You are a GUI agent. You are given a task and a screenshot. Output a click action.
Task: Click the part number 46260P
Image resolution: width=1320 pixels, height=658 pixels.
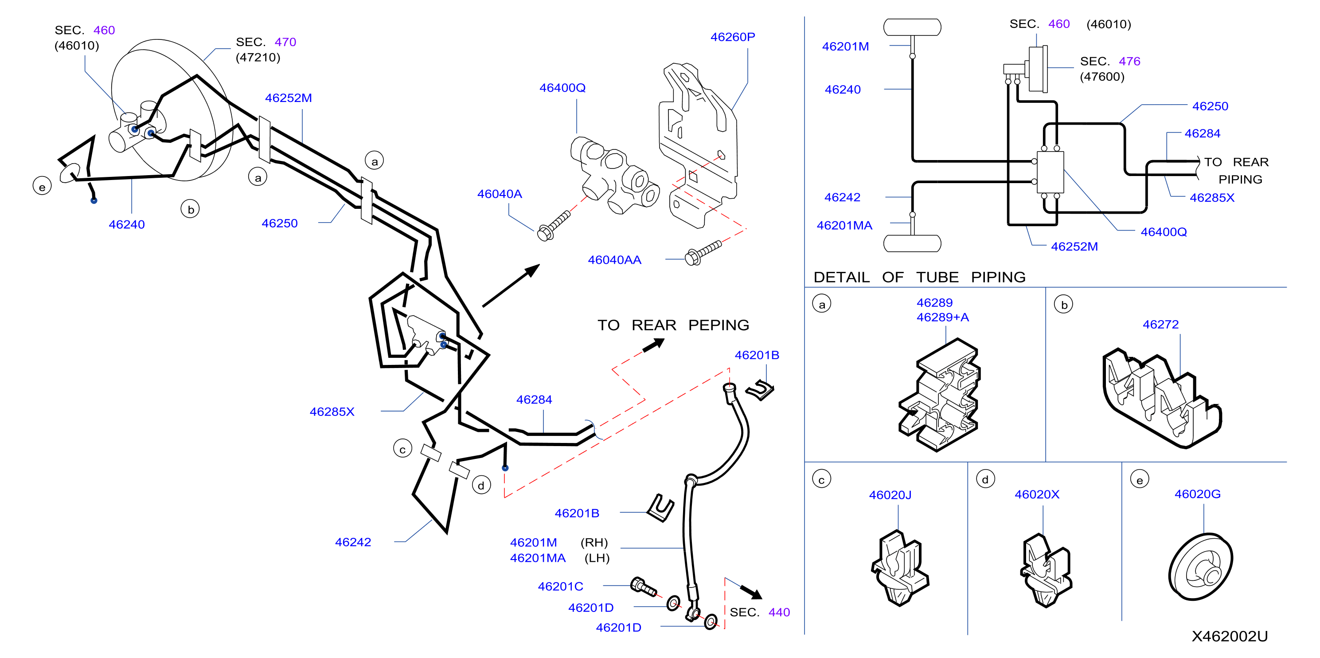[x=732, y=37]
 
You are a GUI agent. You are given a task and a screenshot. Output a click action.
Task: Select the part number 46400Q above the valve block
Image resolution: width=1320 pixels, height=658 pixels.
[x=562, y=88]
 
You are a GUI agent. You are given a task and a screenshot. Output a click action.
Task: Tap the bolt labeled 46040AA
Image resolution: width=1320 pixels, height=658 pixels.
[x=703, y=252]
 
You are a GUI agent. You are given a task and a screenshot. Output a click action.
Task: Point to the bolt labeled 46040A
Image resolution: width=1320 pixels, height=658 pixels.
[x=554, y=226]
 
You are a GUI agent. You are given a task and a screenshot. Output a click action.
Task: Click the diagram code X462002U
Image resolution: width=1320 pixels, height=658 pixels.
[x=1229, y=636]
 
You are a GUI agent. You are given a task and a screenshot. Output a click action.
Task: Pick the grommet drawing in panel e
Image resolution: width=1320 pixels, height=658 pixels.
[x=1201, y=567]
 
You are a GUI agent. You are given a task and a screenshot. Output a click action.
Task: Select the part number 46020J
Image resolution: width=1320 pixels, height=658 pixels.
[x=890, y=495]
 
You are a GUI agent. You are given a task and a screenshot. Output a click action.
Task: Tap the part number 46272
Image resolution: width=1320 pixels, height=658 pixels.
[x=1160, y=325]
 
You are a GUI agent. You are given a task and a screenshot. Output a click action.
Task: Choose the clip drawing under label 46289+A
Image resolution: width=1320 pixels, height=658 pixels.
[x=939, y=395]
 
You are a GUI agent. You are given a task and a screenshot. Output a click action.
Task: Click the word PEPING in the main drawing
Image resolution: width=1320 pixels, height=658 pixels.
[x=719, y=325]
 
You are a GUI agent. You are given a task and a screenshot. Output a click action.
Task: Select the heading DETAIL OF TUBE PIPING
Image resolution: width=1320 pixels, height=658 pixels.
[x=919, y=277]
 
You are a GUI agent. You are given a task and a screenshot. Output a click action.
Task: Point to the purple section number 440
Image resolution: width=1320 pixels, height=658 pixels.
[x=779, y=612]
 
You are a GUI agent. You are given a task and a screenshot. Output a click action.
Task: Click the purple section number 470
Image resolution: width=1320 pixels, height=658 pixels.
[x=285, y=42]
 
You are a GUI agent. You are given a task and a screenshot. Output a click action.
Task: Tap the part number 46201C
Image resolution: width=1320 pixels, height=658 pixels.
[x=560, y=586]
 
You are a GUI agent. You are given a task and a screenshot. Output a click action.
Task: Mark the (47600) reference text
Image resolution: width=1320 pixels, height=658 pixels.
[x=1102, y=77]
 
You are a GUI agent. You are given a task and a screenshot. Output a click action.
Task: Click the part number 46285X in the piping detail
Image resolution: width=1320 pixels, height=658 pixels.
[x=1212, y=198]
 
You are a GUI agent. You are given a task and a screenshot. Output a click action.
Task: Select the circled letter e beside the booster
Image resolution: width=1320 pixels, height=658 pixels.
[x=42, y=187]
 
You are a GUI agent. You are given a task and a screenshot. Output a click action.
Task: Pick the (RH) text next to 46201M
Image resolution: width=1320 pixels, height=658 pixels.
[x=594, y=542]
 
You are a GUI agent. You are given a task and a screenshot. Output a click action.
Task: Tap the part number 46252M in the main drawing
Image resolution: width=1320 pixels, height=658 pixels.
[x=288, y=98]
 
